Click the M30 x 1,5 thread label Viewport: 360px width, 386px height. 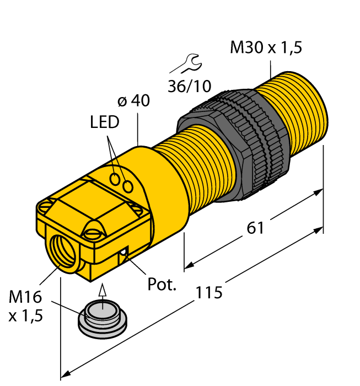[266, 48]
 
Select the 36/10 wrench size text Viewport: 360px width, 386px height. [189, 86]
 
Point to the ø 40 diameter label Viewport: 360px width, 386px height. [133, 101]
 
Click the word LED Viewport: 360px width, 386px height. [105, 122]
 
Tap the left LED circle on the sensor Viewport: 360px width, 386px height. [115, 179]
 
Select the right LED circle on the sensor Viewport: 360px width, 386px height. [128, 187]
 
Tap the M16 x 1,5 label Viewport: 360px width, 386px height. [25, 308]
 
